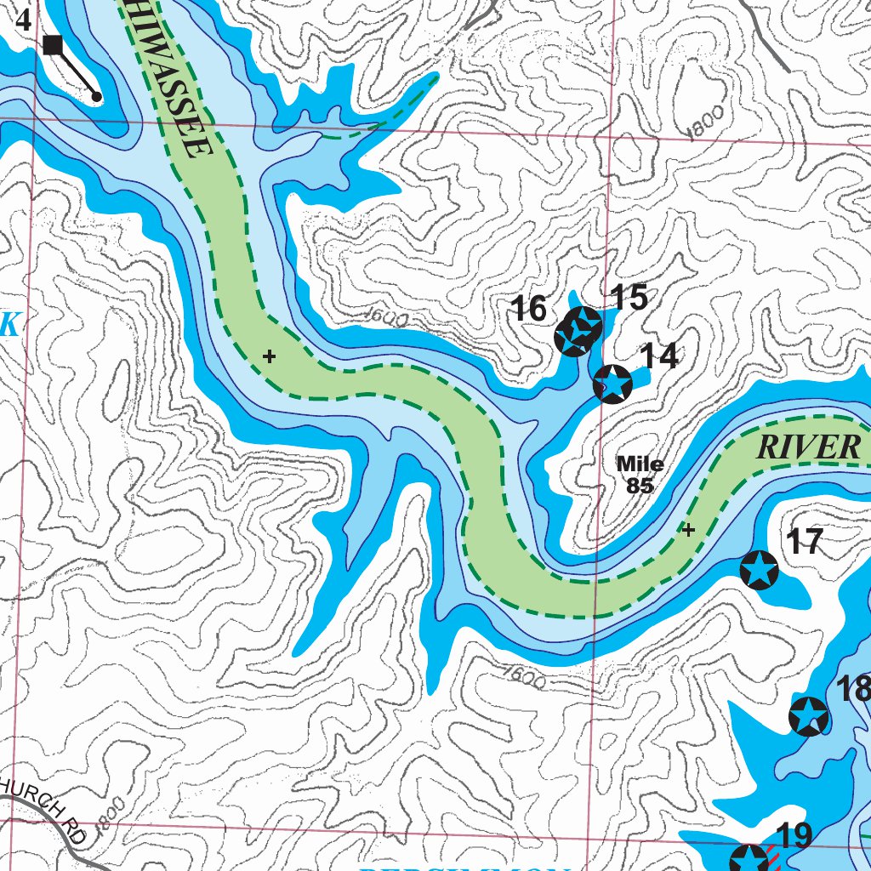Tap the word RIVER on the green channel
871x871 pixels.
[808, 447]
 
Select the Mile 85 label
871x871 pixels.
[640, 475]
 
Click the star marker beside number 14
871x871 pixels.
[612, 384]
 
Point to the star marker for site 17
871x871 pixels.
[760, 569]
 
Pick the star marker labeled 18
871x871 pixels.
[808, 715]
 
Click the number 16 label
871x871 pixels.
[528, 310]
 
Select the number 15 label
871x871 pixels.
[629, 298]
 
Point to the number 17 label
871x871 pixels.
[804, 542]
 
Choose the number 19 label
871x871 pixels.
[794, 835]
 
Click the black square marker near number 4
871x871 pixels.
[53, 45]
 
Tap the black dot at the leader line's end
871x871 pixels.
[97, 97]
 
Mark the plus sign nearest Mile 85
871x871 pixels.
[689, 530]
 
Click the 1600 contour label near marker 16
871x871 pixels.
[386, 318]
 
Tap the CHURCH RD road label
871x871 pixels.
[47, 809]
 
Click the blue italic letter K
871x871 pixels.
[10, 324]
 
